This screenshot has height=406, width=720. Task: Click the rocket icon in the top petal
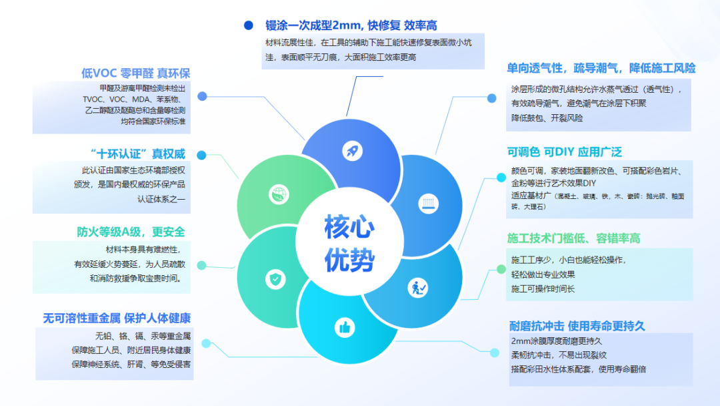click(x=352, y=150)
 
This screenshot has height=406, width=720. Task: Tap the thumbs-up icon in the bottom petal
click(x=345, y=327)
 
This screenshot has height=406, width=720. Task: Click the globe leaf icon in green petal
click(x=277, y=195)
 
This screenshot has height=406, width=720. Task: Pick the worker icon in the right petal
click(x=417, y=288)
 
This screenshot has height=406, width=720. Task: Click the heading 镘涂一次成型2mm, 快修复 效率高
click(x=351, y=25)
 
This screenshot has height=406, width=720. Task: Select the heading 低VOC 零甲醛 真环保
click(x=135, y=73)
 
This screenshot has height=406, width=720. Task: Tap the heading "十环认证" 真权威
click(x=137, y=153)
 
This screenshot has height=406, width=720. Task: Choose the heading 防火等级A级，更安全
click(x=131, y=232)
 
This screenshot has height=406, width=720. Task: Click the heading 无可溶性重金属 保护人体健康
click(x=117, y=318)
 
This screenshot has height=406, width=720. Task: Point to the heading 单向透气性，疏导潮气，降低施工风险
click(x=601, y=68)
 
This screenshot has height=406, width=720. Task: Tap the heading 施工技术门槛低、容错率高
click(x=573, y=238)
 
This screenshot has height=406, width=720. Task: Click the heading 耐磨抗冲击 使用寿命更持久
click(x=577, y=326)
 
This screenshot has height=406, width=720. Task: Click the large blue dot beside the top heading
click(x=249, y=25)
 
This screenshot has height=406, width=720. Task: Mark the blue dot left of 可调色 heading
click(x=491, y=179)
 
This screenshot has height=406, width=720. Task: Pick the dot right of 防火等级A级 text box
click(x=201, y=265)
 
